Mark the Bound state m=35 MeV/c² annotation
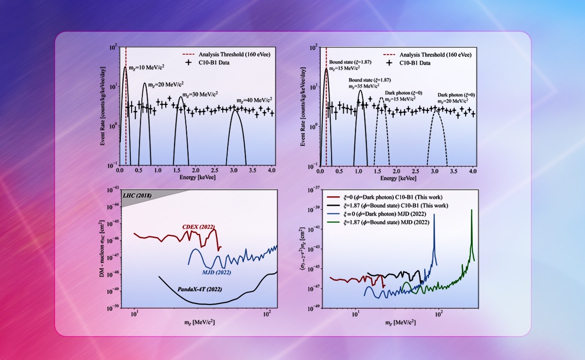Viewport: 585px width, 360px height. [x=370, y=82]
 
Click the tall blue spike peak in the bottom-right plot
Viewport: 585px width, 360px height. [x=434, y=215]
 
